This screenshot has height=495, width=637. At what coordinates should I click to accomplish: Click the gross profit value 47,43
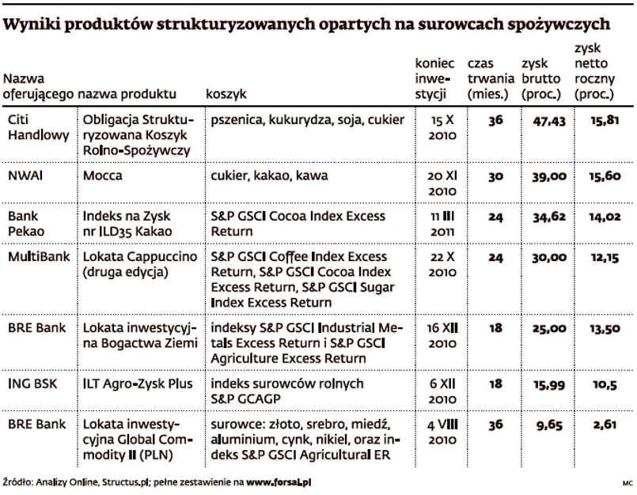click(x=544, y=121)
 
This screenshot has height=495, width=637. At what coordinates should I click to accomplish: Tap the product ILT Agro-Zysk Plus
click(x=138, y=384)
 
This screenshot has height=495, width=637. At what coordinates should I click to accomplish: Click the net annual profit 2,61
click(x=605, y=425)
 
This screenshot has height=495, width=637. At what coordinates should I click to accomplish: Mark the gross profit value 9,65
click(x=547, y=425)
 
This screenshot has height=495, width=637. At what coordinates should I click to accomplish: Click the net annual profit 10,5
click(x=605, y=384)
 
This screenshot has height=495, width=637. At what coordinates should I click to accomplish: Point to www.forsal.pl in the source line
click(x=284, y=481)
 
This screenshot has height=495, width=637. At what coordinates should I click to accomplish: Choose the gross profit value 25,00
click(x=544, y=329)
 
